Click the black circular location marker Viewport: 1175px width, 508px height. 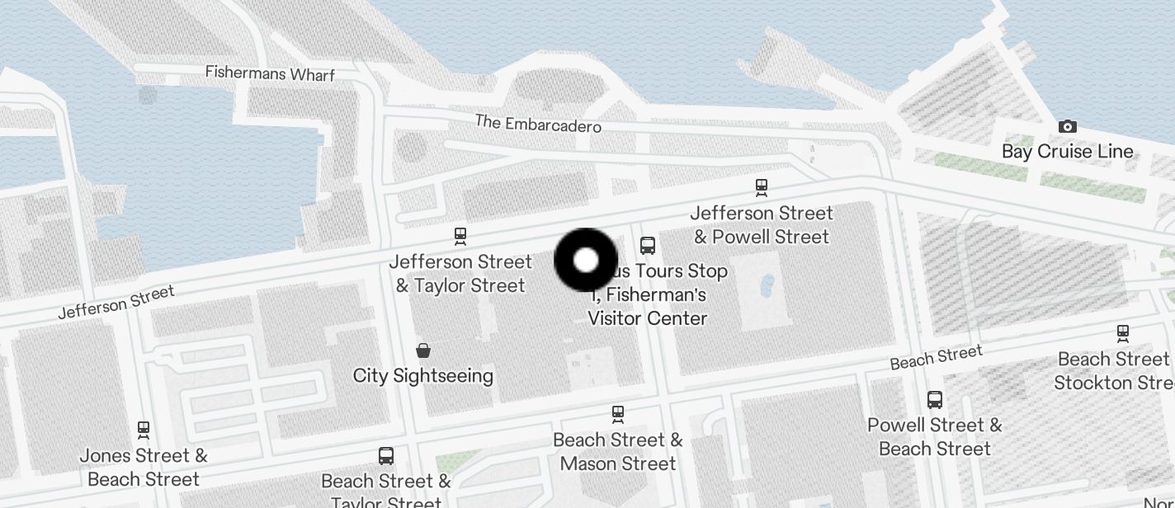[x=586, y=261]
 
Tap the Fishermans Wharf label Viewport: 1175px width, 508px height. [x=270, y=73]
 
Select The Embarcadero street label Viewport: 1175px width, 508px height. [x=538, y=124]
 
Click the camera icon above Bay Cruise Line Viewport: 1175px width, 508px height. [x=1068, y=126]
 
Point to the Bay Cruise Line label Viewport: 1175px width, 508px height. [x=1068, y=152]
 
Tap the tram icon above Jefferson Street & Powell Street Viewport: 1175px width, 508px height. [x=762, y=188]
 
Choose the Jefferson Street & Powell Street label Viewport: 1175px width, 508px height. [x=762, y=225]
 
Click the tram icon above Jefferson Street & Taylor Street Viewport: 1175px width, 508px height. [x=460, y=237]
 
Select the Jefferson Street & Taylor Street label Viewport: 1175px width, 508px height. [x=460, y=274]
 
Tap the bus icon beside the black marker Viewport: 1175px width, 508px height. [x=648, y=245]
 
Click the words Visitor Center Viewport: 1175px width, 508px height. [x=648, y=318]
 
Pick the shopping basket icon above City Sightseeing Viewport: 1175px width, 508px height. [x=423, y=350]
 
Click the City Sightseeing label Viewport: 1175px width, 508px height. [x=423, y=376]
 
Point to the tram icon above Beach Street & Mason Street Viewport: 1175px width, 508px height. [x=618, y=414]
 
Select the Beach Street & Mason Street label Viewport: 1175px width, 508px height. [x=618, y=452]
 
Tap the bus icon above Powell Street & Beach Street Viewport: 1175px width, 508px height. [x=935, y=400]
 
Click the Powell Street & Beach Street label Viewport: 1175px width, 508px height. [x=935, y=437]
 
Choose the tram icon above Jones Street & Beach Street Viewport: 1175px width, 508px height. [x=144, y=430]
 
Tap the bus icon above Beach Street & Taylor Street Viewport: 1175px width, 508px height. [x=385, y=455]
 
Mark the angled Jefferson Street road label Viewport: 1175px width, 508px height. [x=116, y=303]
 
